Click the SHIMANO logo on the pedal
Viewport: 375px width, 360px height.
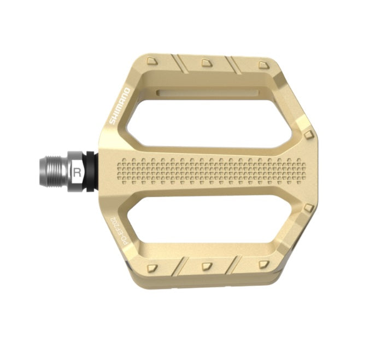click(x=120, y=105)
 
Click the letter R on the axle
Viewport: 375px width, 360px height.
click(x=78, y=172)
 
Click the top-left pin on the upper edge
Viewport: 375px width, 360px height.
click(x=152, y=61)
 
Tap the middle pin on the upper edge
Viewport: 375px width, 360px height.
click(x=207, y=63)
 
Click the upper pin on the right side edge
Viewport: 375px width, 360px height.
click(x=309, y=134)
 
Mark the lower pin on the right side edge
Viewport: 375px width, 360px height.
click(x=309, y=208)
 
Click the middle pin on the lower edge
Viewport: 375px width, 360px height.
click(x=207, y=266)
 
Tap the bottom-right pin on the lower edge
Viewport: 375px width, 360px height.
click(x=264, y=264)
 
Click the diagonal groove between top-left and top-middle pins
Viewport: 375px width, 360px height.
click(x=179, y=63)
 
